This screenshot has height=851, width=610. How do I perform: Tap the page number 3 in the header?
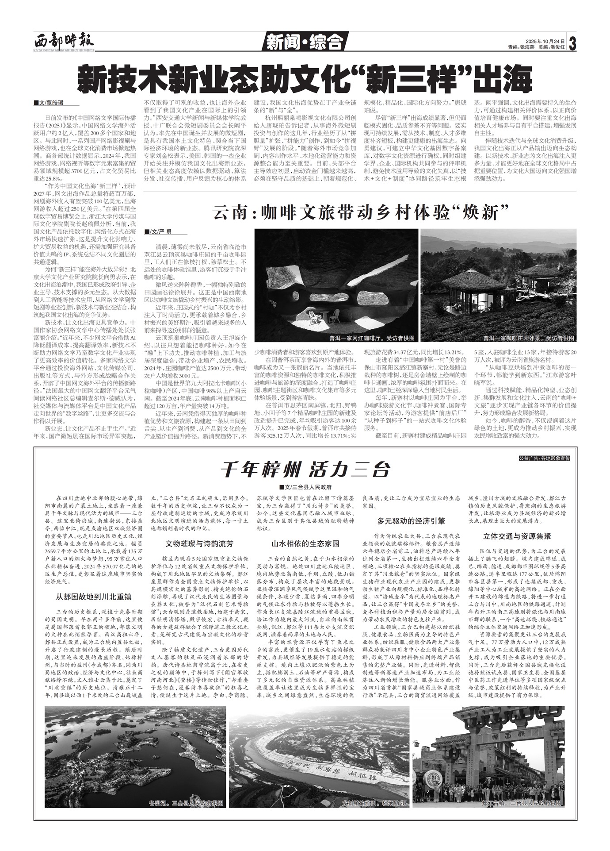tap(573, 43)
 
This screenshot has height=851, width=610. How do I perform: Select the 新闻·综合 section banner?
tap(305, 42)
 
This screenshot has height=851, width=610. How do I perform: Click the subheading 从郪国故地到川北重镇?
tap(93, 597)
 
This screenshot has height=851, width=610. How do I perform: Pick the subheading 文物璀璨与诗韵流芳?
tap(199, 543)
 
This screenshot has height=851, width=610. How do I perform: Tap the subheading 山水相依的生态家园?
tap(305, 543)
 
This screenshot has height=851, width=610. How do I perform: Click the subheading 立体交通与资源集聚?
tap(517, 536)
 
